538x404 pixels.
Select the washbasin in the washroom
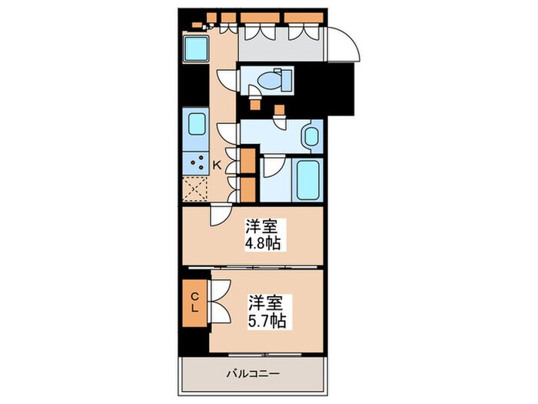(x=311, y=137)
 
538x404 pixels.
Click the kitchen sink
(x=196, y=125)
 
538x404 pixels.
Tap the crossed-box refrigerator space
(x=196, y=188)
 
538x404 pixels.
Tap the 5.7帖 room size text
(x=267, y=320)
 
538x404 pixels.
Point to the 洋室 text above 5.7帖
(x=267, y=302)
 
